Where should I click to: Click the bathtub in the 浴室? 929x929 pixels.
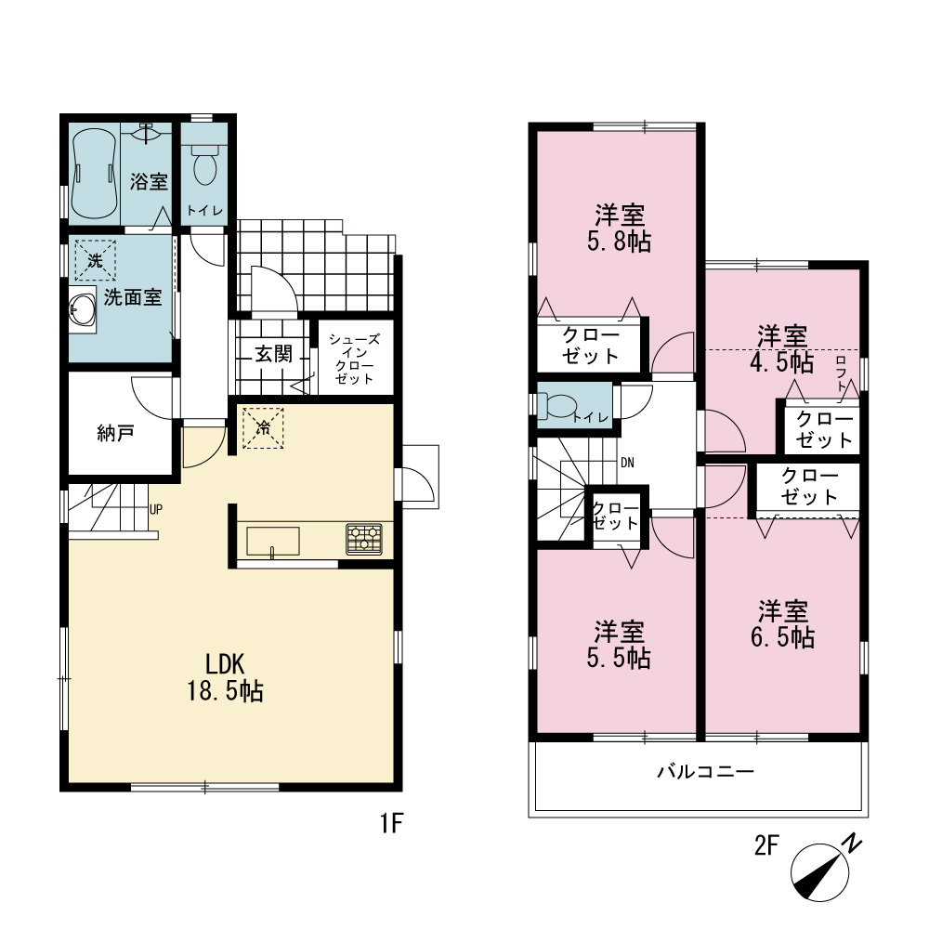tap(94, 174)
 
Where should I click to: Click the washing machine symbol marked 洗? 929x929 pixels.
tap(95, 259)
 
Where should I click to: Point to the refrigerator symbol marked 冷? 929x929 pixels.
tap(263, 427)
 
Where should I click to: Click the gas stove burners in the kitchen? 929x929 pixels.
tap(364, 539)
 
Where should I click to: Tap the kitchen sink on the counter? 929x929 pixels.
tap(272, 541)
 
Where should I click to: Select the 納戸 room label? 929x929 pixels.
tap(115, 433)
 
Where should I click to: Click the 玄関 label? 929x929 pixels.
tap(274, 354)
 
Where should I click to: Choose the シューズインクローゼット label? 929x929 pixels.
tap(354, 359)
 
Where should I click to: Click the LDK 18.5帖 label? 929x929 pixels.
tap(225, 677)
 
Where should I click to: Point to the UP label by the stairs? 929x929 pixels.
tap(156, 509)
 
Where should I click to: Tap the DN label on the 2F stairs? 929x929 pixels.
tap(627, 462)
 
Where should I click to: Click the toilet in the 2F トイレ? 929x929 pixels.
tap(558, 406)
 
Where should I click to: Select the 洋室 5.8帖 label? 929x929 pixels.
tap(619, 229)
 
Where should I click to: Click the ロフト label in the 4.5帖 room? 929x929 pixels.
tap(841, 373)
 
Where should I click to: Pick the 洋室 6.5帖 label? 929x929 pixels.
tap(782, 624)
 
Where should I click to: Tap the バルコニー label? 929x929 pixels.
tap(706, 771)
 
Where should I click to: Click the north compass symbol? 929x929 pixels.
tap(824, 870)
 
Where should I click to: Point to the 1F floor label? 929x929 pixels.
tap(392, 823)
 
